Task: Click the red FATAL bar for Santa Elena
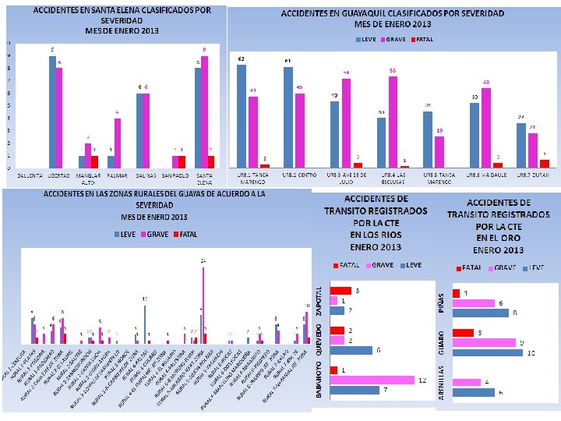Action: pyautogui.click(x=210, y=161)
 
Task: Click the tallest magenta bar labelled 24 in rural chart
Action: pyautogui.click(x=204, y=305)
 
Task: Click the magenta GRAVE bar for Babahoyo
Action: pyautogui.click(x=372, y=380)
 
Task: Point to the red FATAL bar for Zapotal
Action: pyautogui.click(x=340, y=291)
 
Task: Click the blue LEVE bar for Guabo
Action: pyautogui.click(x=487, y=352)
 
